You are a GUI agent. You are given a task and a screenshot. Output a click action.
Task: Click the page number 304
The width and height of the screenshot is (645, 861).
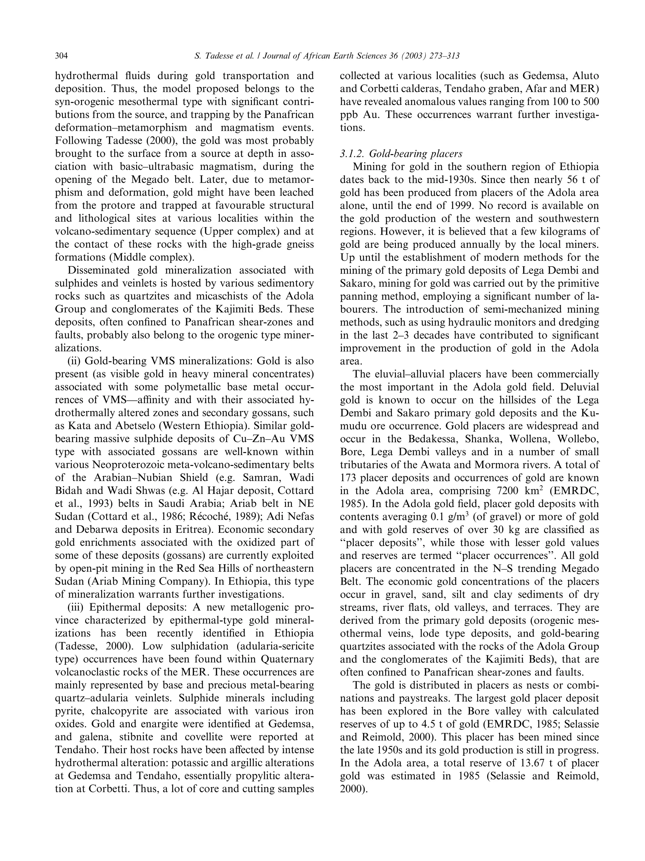click(x=61, y=56)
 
